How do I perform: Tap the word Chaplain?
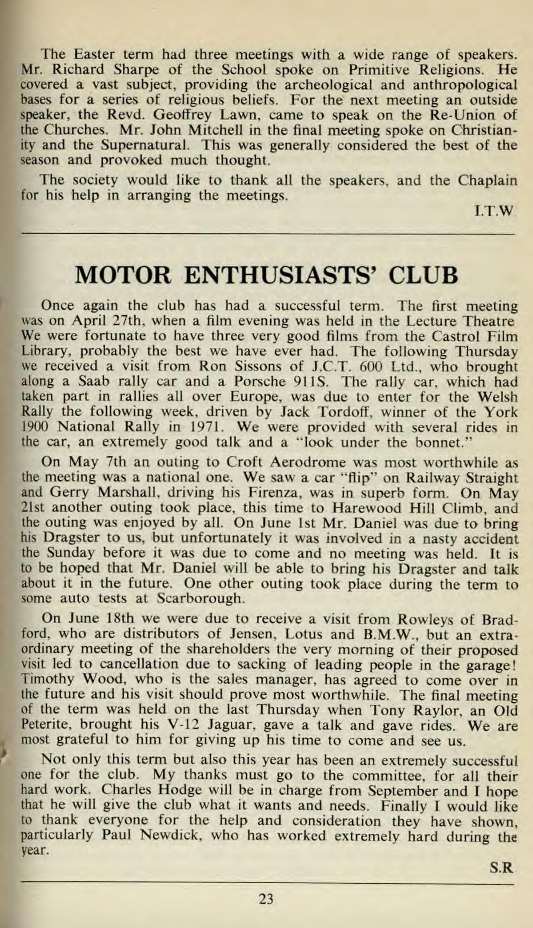(488, 181)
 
